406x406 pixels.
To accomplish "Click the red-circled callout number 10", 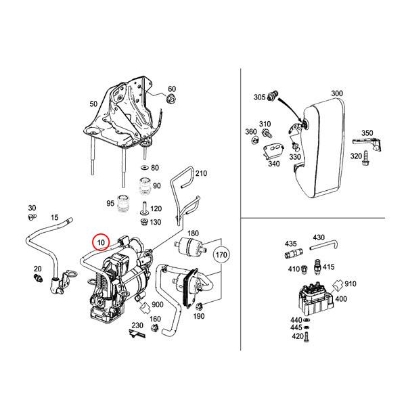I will [101, 242].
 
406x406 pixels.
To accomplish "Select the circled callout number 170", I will [221, 255].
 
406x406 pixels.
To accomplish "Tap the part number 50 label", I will [93, 105].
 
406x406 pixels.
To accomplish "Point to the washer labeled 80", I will [143, 167].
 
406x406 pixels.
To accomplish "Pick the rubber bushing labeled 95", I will [123, 203].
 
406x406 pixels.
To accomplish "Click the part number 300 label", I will [337, 93].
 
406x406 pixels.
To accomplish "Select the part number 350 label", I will [367, 133].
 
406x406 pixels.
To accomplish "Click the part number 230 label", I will [137, 326].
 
